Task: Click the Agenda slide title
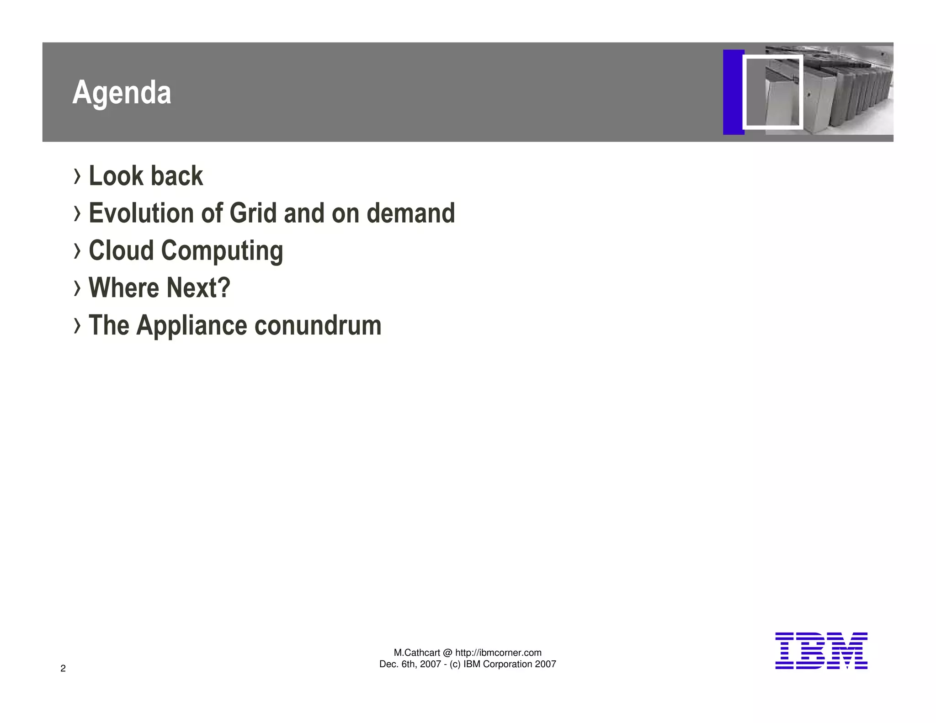click(122, 93)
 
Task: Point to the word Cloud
click(121, 251)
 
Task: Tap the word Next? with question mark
click(198, 288)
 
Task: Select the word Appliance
click(191, 326)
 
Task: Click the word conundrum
click(318, 325)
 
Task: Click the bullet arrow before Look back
click(77, 176)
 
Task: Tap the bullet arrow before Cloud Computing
click(77, 251)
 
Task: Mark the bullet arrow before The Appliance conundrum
click(77, 326)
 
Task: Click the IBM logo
click(821, 651)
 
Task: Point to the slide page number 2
click(63, 669)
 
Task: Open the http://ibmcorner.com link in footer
click(498, 653)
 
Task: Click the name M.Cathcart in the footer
click(417, 653)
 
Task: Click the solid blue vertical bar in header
click(733, 92)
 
